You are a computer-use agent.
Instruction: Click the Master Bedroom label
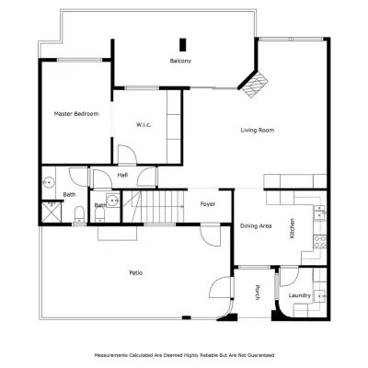click(x=76, y=114)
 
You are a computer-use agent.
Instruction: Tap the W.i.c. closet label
click(x=144, y=125)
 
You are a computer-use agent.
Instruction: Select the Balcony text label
click(x=180, y=61)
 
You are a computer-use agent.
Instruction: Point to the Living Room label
click(x=258, y=130)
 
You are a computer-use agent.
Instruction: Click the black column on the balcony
click(x=183, y=45)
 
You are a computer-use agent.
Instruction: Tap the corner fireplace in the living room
click(x=254, y=85)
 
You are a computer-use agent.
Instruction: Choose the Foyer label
click(x=208, y=204)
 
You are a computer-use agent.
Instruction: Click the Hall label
click(x=122, y=175)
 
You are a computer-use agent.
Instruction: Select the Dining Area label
click(x=256, y=226)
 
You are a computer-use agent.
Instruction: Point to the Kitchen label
click(x=293, y=228)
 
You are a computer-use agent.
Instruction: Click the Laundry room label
click(x=300, y=295)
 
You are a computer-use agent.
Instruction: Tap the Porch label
click(x=258, y=293)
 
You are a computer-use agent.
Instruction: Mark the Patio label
click(x=135, y=272)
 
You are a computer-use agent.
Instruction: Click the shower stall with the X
click(x=52, y=213)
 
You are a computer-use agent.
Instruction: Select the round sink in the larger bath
click(x=48, y=182)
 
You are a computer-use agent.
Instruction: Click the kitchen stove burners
click(x=320, y=241)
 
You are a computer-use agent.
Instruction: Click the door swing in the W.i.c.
click(x=127, y=155)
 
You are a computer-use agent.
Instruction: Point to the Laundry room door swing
click(x=289, y=277)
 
